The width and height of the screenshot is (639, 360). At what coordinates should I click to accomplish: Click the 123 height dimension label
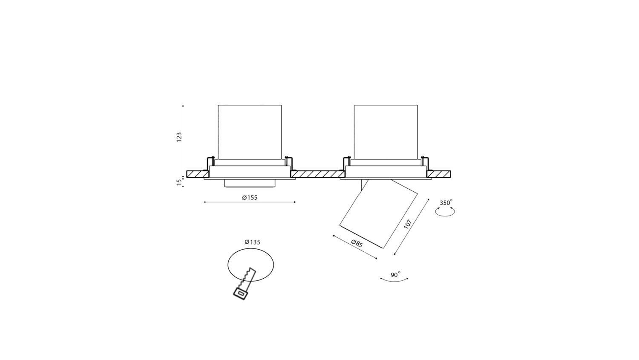179,137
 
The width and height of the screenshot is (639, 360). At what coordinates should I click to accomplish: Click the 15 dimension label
179,182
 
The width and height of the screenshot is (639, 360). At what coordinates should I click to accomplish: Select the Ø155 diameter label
250,197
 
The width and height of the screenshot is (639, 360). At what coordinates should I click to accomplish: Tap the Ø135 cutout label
253,242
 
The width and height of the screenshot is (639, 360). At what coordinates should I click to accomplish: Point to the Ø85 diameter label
357,244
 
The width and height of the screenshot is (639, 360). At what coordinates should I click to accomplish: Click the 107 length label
408,224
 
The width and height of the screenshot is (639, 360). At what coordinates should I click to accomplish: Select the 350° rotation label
446,202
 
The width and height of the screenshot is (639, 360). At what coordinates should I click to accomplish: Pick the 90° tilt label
395,275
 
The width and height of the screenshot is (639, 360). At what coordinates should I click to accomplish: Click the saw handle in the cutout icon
240,294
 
